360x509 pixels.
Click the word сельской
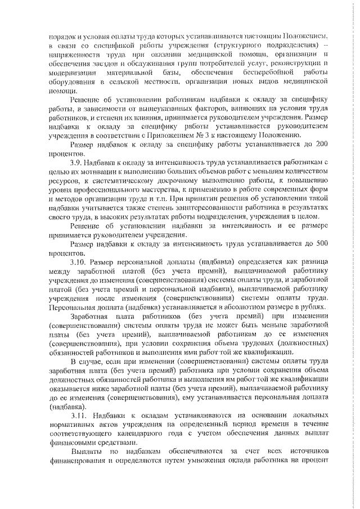tap(134, 82)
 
